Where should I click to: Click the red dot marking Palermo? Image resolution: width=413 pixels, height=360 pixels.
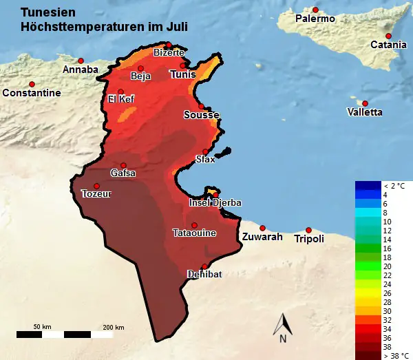click(x=315, y=10)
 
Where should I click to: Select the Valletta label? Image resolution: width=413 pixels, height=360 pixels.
click(x=365, y=112)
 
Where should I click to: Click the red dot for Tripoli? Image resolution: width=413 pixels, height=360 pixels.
click(x=308, y=230)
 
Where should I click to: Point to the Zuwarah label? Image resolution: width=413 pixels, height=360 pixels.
click(x=262, y=237)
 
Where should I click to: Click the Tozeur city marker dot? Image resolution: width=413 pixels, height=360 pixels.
click(x=96, y=186)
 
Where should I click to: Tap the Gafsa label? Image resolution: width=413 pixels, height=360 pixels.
click(x=123, y=173)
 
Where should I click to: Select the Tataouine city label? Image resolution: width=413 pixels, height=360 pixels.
click(x=194, y=233)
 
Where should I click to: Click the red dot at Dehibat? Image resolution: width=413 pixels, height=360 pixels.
click(x=204, y=266)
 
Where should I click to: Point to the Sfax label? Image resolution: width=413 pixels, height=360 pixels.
click(x=205, y=160)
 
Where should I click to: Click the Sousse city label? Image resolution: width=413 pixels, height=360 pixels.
click(x=202, y=116)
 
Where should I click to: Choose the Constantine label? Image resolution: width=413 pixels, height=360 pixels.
click(x=32, y=93)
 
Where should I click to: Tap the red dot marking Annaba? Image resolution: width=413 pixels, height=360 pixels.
click(x=81, y=61)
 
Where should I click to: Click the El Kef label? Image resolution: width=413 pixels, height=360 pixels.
click(x=121, y=100)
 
